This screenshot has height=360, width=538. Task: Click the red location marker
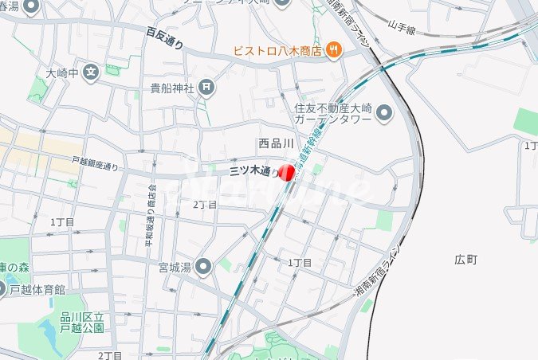(288, 171)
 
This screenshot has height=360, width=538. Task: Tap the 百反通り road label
(164, 37)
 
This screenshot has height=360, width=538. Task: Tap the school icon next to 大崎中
(92, 72)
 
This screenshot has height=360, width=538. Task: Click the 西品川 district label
(276, 144)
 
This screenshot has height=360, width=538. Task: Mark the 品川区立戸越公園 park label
(82, 323)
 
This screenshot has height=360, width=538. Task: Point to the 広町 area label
(465, 260)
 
